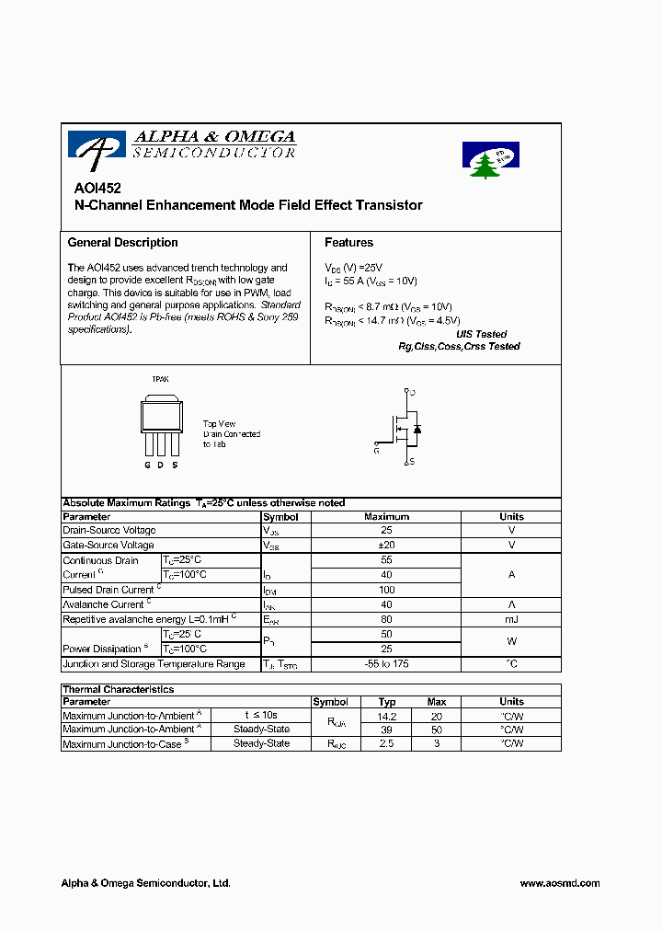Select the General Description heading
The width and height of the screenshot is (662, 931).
122,243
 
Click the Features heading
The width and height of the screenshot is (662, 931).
348,243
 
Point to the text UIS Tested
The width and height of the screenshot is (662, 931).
481,335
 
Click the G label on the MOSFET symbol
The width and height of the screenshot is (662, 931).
376,451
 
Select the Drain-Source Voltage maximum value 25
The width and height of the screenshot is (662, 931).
386,531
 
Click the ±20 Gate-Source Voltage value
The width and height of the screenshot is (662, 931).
386,546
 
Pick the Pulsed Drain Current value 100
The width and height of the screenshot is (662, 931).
386,590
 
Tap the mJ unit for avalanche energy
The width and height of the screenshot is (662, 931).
511,619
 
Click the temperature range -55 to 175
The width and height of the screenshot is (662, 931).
386,663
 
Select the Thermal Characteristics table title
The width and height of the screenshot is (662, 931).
118,689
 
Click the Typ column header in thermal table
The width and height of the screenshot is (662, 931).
387,702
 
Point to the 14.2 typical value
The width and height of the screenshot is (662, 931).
387,716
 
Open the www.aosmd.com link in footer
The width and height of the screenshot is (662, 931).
559,883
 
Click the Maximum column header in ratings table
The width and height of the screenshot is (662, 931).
386,517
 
